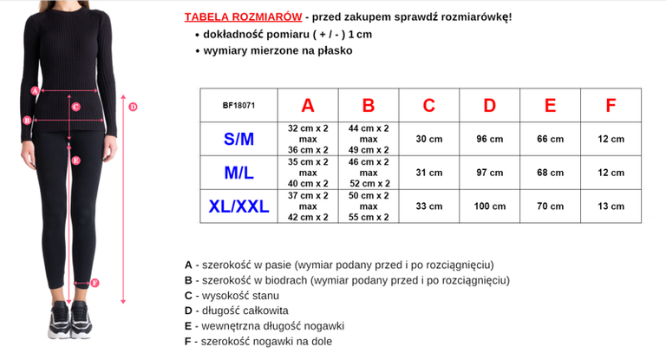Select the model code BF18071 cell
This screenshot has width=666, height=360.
click(238, 106)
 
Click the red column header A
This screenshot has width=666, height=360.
click(308, 106)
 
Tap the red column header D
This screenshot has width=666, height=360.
click(490, 106)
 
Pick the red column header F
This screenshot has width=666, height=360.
click(610, 106)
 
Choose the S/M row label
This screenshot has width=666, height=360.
click(238, 139)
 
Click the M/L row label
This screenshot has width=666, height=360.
click(238, 173)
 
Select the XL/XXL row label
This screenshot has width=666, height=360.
click(238, 206)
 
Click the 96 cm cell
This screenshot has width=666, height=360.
click(490, 139)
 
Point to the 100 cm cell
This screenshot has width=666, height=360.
click(490, 206)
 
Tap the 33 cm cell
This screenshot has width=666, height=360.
click(429, 206)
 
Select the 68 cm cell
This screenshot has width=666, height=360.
click(551, 173)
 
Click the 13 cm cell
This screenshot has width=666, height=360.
click(610, 206)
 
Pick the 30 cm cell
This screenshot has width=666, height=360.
click(429, 139)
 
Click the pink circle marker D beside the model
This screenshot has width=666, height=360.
click(133, 108)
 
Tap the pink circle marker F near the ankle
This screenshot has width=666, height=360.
click(95, 282)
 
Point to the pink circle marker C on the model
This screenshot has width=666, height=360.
click(76, 108)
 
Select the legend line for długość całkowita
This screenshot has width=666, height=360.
click(236, 311)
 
